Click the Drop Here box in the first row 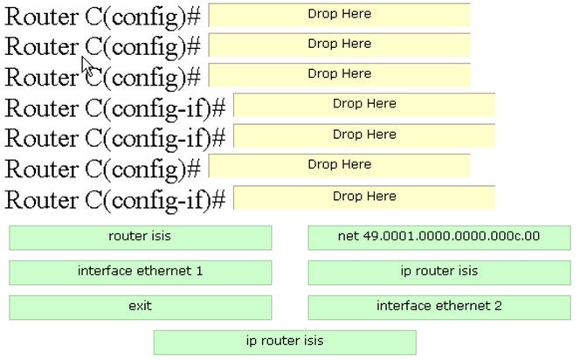339,15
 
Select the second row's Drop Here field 339,45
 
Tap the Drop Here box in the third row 339,75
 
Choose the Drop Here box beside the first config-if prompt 364,105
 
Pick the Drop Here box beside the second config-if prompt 364,135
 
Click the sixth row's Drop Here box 339,165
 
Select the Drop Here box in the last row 364,197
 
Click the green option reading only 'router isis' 141,238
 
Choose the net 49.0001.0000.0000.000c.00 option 439,238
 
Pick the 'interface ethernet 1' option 141,273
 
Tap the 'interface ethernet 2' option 439,308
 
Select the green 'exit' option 141,308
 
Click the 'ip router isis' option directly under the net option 439,273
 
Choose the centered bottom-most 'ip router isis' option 285,342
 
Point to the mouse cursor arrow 87,66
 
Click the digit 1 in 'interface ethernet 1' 199,271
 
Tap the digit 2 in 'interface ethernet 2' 498,306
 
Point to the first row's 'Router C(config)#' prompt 102,17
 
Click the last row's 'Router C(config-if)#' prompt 115,200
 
